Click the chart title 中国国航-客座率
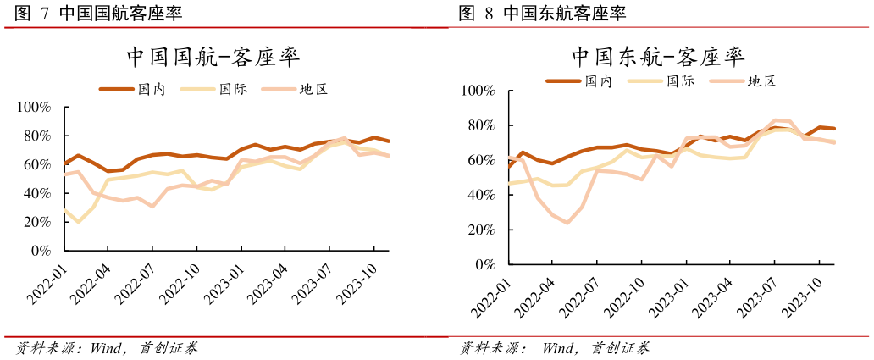[x=213, y=57]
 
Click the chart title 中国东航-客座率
[x=657, y=57]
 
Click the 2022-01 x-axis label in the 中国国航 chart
[x=47, y=284]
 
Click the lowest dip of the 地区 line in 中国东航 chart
[x=567, y=223]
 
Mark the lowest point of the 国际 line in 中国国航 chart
[x=79, y=222]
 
